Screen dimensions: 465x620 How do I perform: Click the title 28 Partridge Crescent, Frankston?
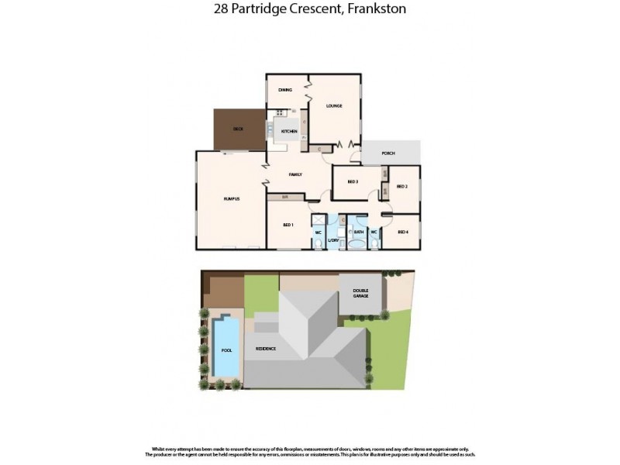pyautogui.click(x=309, y=9)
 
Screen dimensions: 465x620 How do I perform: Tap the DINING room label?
pyautogui.click(x=285, y=91)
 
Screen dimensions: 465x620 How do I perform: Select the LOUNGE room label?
pyautogui.click(x=334, y=105)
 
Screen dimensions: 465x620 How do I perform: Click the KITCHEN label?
pyautogui.click(x=289, y=132)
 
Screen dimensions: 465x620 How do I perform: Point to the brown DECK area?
pyautogui.click(x=239, y=129)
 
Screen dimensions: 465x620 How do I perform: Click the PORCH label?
pyautogui.click(x=388, y=153)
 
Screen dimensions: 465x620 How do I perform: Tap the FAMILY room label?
pyautogui.click(x=295, y=174)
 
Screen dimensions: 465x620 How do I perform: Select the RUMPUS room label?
pyautogui.click(x=231, y=199)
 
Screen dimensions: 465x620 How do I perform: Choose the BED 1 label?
pyautogui.click(x=288, y=225)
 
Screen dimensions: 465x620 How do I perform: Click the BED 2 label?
pyautogui.click(x=401, y=187)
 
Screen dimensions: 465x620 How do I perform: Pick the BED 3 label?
pyautogui.click(x=353, y=182)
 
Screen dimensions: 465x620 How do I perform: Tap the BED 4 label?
pyautogui.click(x=402, y=232)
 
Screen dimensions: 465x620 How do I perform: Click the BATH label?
pyautogui.click(x=359, y=232)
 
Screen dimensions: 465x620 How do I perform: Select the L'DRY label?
pyautogui.click(x=334, y=240)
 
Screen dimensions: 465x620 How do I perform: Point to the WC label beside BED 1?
pyautogui.click(x=318, y=232)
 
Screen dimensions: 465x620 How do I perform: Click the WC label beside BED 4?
pyautogui.click(x=374, y=232)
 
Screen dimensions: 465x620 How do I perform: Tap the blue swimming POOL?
pyautogui.click(x=226, y=350)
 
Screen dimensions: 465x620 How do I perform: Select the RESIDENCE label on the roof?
pyautogui.click(x=267, y=349)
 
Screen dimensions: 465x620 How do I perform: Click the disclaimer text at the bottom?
pyautogui.click(x=309, y=451)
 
